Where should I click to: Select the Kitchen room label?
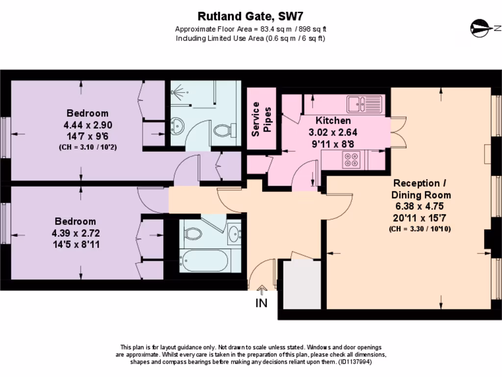(x=333, y=120)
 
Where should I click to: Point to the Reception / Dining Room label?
(x=421, y=188)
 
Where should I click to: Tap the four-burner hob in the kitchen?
(x=350, y=160)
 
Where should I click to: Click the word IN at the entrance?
(x=261, y=303)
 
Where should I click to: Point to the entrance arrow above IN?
(x=261, y=291)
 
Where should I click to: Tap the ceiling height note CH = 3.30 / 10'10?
(x=420, y=229)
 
